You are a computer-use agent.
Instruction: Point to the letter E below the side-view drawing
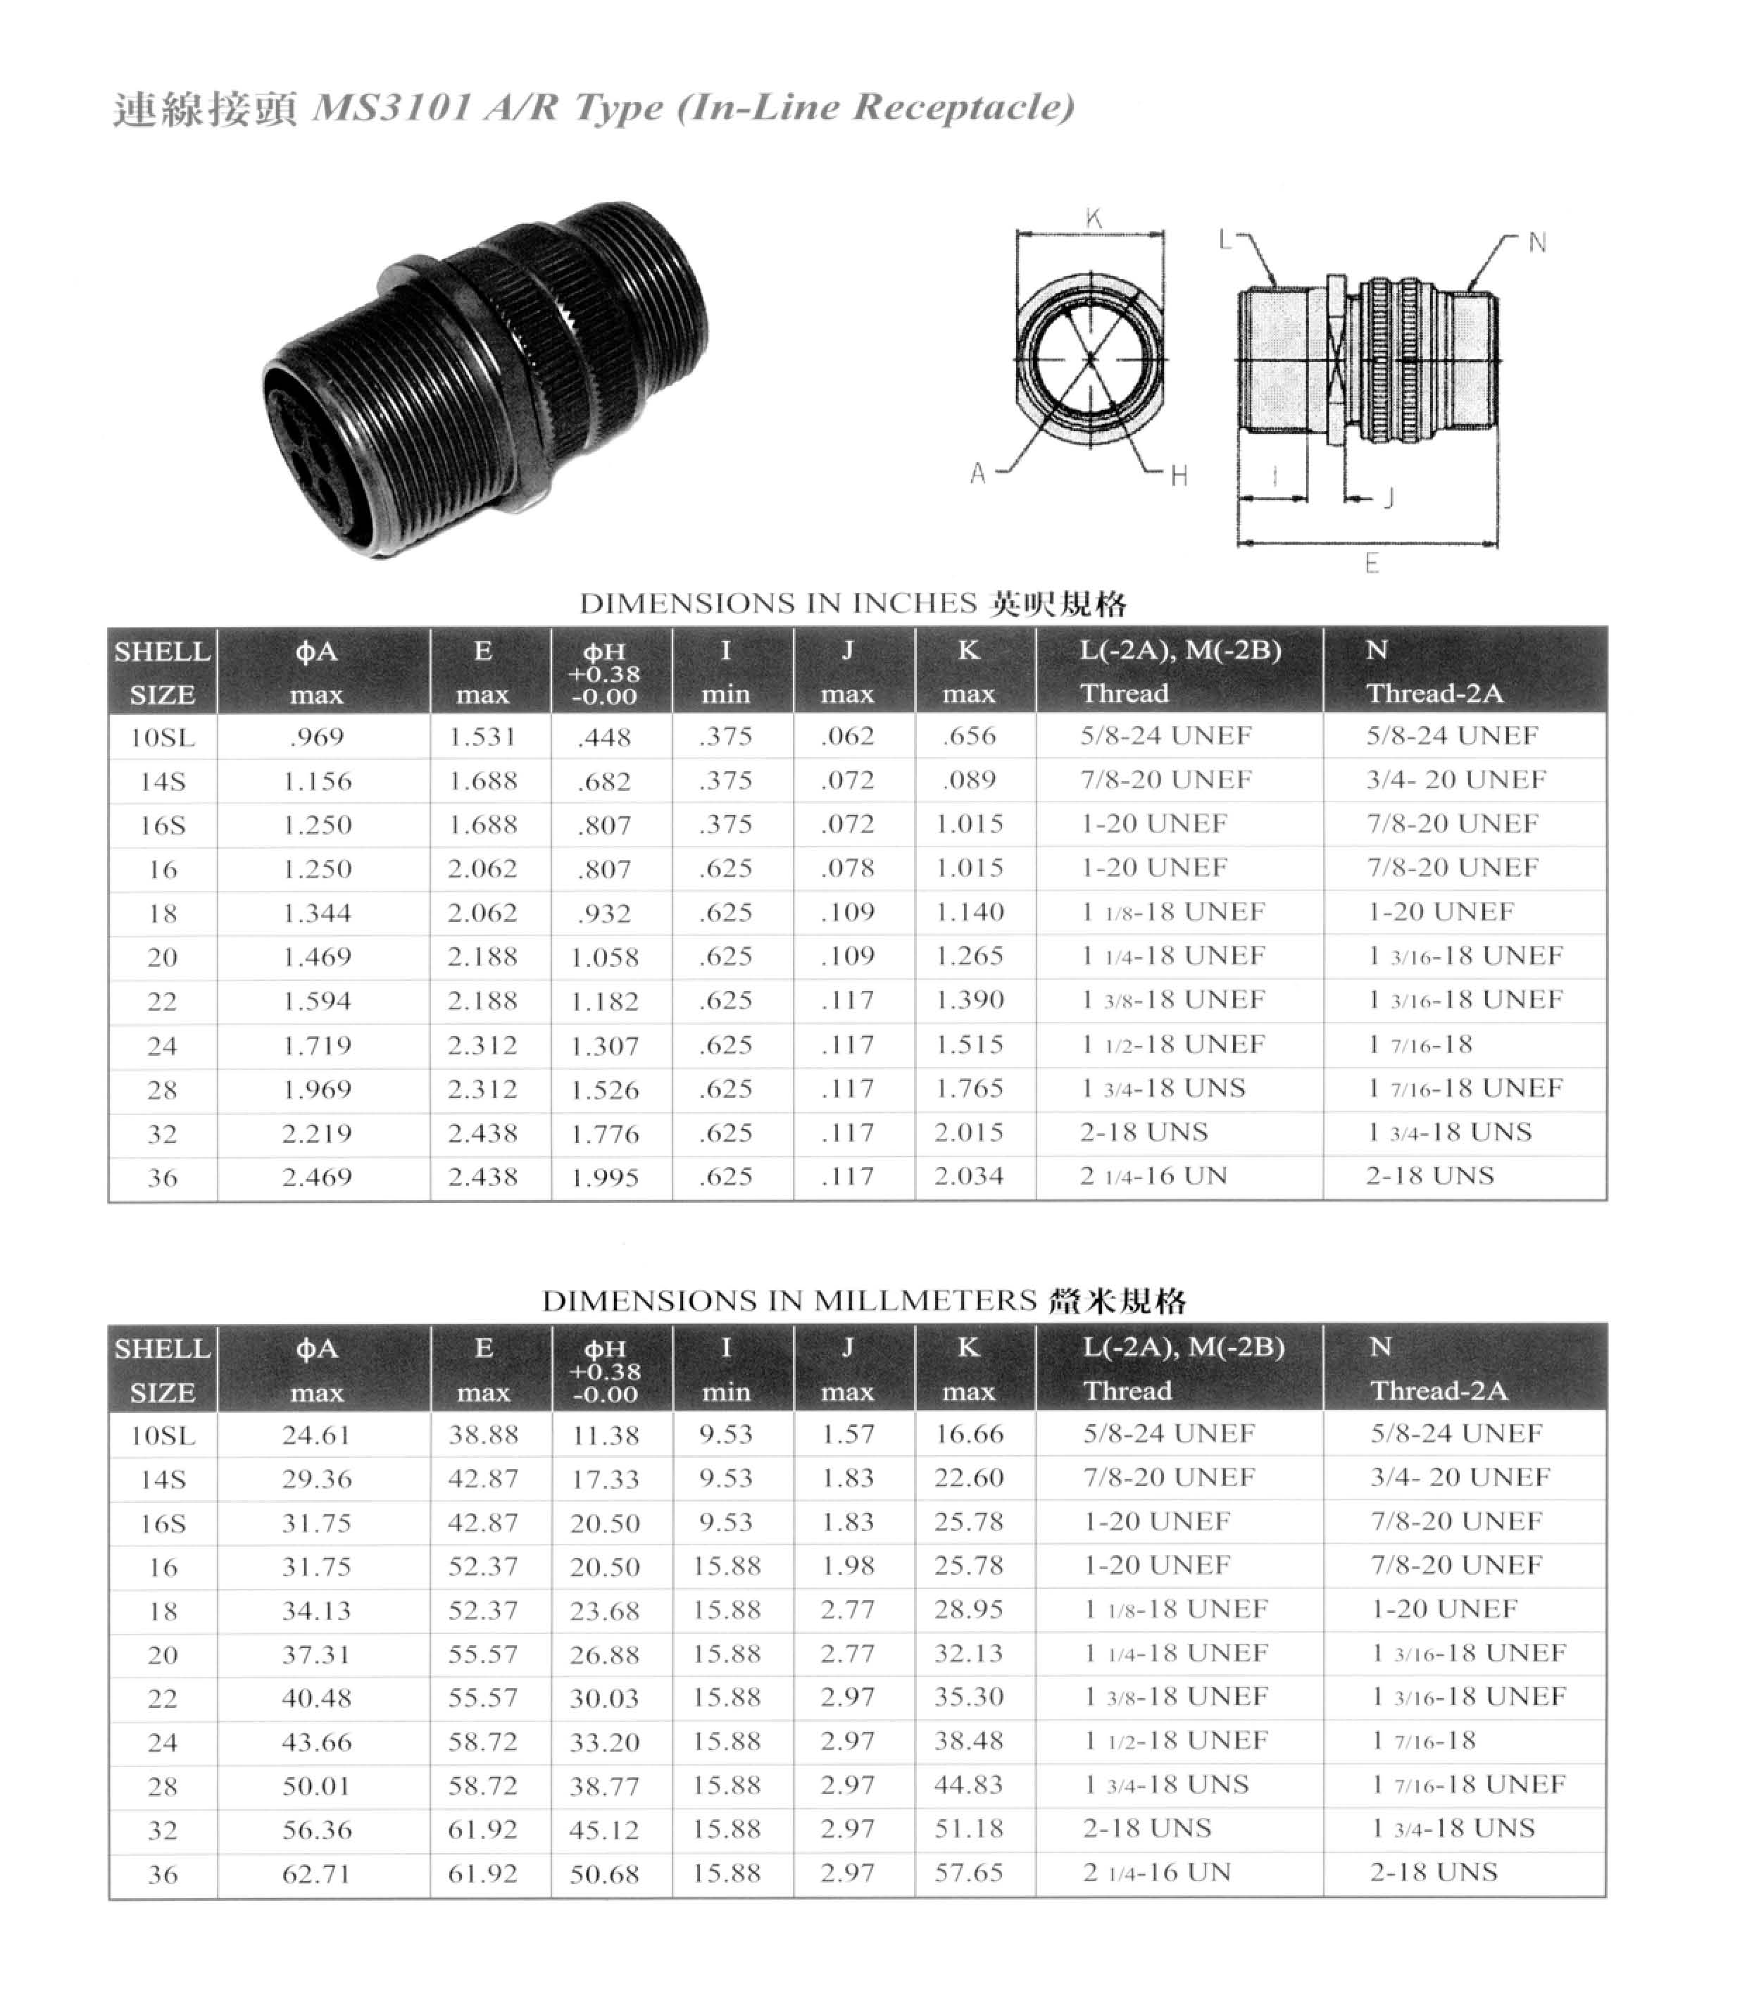click(1372, 563)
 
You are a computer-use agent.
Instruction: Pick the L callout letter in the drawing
click(1225, 239)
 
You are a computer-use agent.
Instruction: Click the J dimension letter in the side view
click(1390, 498)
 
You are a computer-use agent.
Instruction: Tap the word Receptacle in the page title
click(961, 106)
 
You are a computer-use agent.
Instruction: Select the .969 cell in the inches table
click(317, 737)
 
